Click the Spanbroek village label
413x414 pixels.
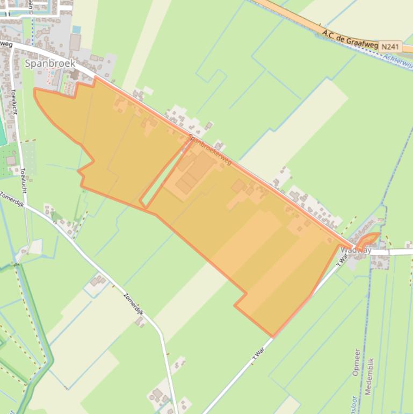pyautogui.click(x=50, y=63)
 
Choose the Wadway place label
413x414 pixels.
pyautogui.click(x=356, y=250)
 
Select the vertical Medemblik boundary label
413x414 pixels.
pyautogui.click(x=369, y=376)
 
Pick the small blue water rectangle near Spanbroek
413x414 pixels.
pyautogui.click(x=77, y=29)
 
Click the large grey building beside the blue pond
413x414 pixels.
pyautogui.click(x=75, y=42)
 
